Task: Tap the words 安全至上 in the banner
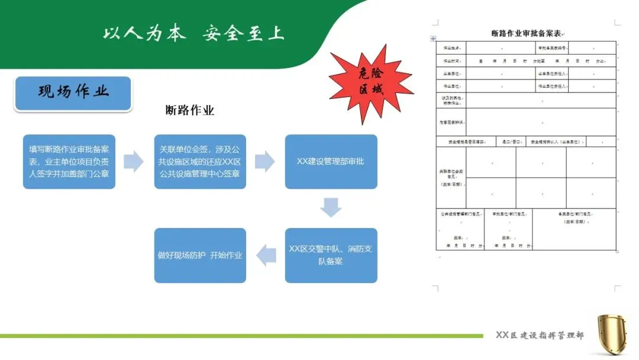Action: click(243, 33)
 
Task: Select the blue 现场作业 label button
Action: click(73, 93)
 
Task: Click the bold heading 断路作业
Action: click(189, 111)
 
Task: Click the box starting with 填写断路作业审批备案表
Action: click(69, 162)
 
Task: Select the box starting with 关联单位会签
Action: click(200, 162)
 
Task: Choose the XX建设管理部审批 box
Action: click(331, 162)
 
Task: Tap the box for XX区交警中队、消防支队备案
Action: click(331, 255)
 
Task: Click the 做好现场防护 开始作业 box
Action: click(200, 255)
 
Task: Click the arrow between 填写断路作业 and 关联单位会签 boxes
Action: click(134, 161)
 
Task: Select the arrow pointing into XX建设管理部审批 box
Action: click(265, 161)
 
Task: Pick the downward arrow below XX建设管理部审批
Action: click(331, 207)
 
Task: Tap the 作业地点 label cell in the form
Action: click(451, 48)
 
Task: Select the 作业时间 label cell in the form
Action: click(451, 61)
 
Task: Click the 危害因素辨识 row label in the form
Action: click(451, 123)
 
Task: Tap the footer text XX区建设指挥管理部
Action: click(539, 336)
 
